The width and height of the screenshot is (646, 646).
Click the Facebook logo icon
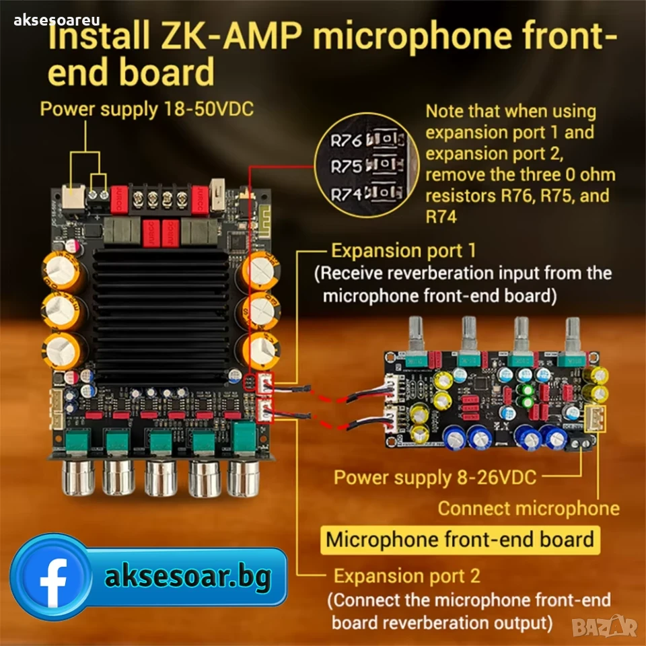[51, 577]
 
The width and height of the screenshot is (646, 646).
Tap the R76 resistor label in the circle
[346, 141]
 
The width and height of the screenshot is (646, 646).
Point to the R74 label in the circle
[346, 194]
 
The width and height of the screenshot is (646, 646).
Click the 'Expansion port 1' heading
[403, 251]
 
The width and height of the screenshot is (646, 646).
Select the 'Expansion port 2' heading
[406, 576]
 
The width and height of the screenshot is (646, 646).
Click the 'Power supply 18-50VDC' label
[147, 109]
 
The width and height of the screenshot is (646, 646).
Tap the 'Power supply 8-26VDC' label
[435, 478]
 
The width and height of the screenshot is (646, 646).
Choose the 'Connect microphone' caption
[529, 509]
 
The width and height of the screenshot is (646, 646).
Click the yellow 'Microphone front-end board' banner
[460, 540]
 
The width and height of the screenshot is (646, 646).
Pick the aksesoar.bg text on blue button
[188, 577]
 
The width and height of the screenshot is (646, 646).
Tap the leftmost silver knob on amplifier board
[78, 477]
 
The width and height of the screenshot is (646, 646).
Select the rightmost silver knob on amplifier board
[244, 478]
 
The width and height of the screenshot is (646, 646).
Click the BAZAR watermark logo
[605, 626]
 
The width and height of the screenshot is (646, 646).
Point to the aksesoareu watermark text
[57, 20]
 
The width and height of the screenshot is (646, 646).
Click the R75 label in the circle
[346, 168]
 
